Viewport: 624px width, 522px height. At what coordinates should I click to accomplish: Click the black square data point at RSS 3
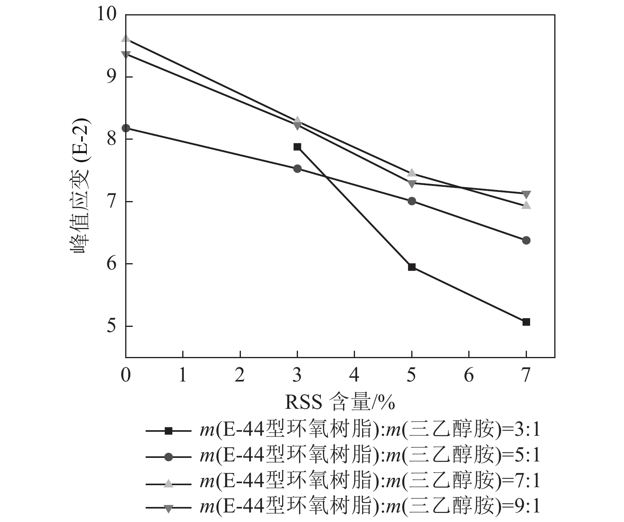pyautogui.click(x=297, y=147)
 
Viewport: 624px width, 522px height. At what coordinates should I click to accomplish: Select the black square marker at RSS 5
pyautogui.click(x=412, y=267)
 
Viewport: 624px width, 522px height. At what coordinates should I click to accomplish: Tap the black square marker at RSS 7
pyautogui.click(x=526, y=322)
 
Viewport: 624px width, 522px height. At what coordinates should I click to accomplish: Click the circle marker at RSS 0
pyautogui.click(x=126, y=128)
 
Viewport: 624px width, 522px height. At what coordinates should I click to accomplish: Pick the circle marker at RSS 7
pyautogui.click(x=526, y=240)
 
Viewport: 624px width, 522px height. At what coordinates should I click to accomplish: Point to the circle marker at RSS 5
pyautogui.click(x=412, y=201)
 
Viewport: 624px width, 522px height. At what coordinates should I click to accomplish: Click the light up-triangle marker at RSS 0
pyautogui.click(x=126, y=39)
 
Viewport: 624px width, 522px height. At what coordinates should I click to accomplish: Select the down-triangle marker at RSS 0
pyautogui.click(x=126, y=54)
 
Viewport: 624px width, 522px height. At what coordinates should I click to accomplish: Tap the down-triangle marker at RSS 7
pyautogui.click(x=526, y=194)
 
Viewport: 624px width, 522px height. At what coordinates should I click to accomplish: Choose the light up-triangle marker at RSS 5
pyautogui.click(x=412, y=173)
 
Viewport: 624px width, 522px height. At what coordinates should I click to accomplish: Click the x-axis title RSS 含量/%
pyautogui.click(x=340, y=403)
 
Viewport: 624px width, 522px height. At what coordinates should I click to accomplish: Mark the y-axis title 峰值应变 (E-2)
pyautogui.click(x=80, y=186)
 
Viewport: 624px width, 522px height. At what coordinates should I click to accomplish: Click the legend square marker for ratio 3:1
pyautogui.click(x=168, y=431)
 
